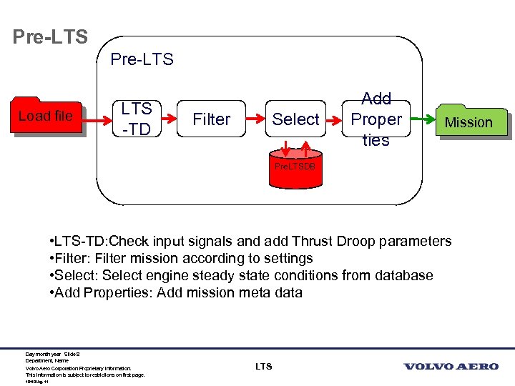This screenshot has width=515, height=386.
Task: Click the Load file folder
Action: click(46, 116)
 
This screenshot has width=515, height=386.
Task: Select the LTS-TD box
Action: click(136, 119)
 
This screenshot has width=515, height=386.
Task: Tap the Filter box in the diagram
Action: click(212, 119)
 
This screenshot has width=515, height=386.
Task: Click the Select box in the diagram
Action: click(295, 119)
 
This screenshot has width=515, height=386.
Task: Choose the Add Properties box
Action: click(376, 119)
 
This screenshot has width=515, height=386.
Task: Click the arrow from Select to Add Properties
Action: click(335, 119)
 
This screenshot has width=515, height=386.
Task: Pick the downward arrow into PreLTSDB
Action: click(285, 148)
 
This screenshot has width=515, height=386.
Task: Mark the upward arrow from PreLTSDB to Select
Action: click(307, 148)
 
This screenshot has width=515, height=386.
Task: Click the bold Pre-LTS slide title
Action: click(50, 36)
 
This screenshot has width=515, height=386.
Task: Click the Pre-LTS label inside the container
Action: click(142, 59)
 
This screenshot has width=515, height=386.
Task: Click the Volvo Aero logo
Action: click(451, 367)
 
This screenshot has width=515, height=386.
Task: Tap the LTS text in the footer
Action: click(263, 367)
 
